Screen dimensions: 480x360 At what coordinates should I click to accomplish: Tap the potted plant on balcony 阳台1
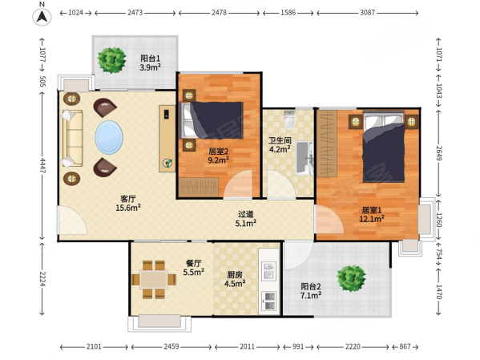click(111, 60)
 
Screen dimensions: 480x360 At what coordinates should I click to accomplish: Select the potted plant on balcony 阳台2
click(351, 278)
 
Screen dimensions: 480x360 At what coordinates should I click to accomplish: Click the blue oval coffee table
click(109, 137)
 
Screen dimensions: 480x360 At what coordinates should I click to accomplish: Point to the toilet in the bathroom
click(289, 119)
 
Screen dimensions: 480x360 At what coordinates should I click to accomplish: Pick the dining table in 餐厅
click(154, 280)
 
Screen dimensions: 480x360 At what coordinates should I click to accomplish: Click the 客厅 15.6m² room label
click(128, 203)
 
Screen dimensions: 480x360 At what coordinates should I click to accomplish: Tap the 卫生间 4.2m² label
click(280, 145)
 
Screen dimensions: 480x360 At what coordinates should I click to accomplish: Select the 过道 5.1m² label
click(246, 219)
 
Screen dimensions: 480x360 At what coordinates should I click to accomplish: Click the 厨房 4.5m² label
click(235, 279)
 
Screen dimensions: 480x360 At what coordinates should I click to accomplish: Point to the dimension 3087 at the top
click(367, 13)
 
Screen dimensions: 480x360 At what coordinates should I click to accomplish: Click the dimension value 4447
click(42, 166)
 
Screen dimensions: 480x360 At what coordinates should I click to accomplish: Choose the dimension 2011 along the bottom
click(247, 346)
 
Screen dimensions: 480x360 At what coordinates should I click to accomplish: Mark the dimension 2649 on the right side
click(438, 153)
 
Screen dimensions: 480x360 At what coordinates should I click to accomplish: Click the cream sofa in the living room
click(73, 139)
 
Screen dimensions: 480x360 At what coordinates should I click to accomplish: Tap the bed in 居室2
click(212, 119)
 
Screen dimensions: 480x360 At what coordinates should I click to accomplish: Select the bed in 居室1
click(384, 147)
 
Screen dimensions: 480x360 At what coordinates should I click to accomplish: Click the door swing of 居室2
click(238, 184)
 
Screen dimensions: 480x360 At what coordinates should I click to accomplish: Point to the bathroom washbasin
click(304, 158)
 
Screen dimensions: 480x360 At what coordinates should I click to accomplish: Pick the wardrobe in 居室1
click(327, 144)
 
